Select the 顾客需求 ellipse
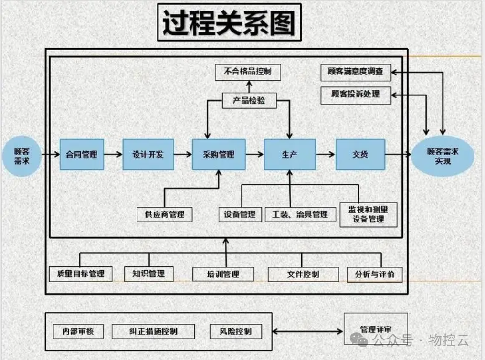click(22, 155)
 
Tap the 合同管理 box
click(82, 155)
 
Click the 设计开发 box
click(148, 155)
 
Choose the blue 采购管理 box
click(219, 155)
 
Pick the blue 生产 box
click(290, 155)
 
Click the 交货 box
click(360, 155)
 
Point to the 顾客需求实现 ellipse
click(443, 156)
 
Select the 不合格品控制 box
click(248, 72)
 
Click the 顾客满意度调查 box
click(356, 72)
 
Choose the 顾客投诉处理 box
click(356, 94)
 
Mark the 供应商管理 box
click(164, 214)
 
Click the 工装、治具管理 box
click(300, 214)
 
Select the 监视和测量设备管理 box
click(369, 214)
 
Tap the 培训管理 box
click(223, 274)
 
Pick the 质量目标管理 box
click(81, 274)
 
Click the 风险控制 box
click(236, 331)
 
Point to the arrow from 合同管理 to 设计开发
click(113, 155)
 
